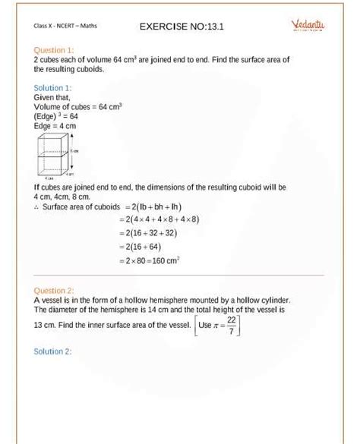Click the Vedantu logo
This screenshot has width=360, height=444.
click(x=308, y=26)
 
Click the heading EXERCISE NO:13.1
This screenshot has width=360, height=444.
click(x=182, y=27)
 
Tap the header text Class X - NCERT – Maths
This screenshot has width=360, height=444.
click(x=65, y=27)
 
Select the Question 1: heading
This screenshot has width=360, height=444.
click(x=54, y=50)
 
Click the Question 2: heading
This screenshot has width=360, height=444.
click(x=54, y=291)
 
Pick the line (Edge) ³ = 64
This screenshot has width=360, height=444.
click(x=56, y=117)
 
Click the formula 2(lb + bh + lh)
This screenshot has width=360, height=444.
click(x=153, y=206)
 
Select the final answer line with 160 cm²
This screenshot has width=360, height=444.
click(x=149, y=261)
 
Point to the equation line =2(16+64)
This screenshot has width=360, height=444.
click(x=143, y=247)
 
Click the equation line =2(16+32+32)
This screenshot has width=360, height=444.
click(x=149, y=233)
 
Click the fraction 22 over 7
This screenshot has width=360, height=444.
click(x=231, y=325)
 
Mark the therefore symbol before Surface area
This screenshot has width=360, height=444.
click(x=36, y=206)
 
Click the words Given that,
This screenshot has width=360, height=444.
click(x=52, y=98)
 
